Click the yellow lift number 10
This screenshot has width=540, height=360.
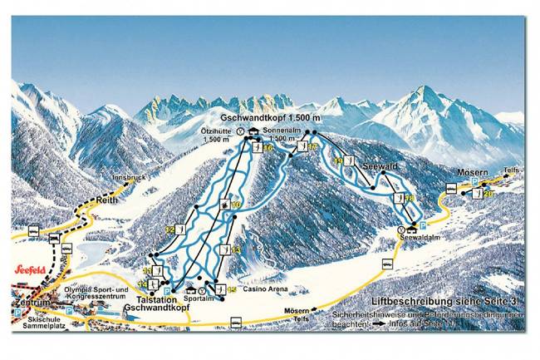236,205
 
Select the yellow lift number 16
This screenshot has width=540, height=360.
269,148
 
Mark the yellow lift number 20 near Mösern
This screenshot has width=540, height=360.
489,194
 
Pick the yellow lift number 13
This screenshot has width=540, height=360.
236,249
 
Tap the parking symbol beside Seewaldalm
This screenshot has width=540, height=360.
423,225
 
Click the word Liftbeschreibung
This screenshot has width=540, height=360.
408,299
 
